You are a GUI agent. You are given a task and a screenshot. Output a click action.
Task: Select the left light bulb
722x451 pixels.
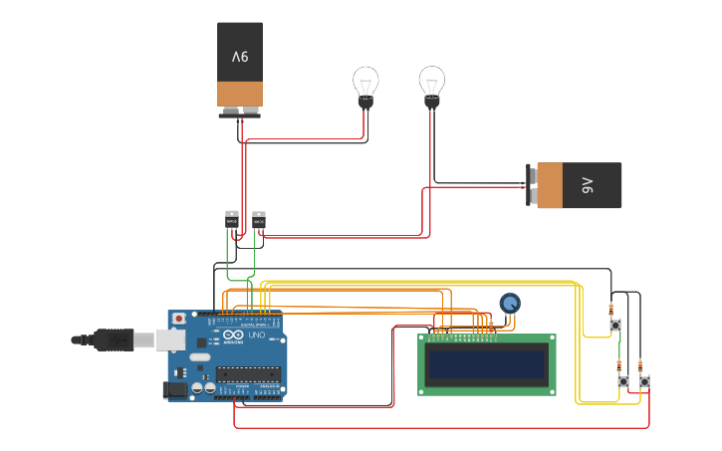tap(365, 85)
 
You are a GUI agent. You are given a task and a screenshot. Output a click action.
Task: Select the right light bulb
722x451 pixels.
tap(431, 85)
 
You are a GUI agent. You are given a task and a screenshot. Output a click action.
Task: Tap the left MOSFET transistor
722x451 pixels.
tap(232, 220)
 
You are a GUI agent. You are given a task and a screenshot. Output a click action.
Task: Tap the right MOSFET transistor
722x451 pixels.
tap(259, 220)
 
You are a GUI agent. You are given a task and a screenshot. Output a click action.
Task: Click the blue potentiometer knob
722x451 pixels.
tap(510, 303)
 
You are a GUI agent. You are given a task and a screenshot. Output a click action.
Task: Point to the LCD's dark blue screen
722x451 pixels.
tap(486, 364)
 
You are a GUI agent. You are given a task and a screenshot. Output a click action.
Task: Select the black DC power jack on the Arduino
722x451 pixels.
tap(176, 389)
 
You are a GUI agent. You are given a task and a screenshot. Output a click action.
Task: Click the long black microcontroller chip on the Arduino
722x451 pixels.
tap(247, 374)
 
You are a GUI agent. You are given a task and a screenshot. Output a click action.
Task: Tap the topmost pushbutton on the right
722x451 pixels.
tap(615, 326)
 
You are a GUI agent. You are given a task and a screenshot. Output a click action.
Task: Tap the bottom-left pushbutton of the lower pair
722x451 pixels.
tap(623, 381)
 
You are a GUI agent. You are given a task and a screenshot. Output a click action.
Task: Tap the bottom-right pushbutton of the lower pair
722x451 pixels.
tap(644, 381)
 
